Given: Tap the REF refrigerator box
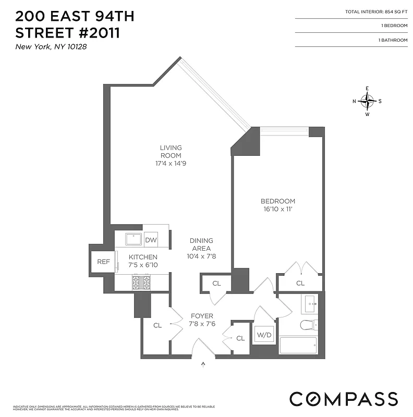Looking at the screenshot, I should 103,261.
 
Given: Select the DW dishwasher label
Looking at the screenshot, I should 151,240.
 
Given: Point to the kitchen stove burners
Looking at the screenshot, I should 140,282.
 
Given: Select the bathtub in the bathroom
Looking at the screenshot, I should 298,345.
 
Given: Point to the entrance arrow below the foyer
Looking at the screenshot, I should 203,364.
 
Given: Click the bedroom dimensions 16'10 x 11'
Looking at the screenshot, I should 277,210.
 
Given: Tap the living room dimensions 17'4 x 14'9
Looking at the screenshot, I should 171,163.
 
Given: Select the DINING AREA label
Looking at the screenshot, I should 201,244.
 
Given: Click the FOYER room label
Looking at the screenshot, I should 201,316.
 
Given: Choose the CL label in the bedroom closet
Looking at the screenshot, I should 300,284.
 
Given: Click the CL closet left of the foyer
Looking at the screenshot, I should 157,325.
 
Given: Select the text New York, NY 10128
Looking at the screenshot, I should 51,47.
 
